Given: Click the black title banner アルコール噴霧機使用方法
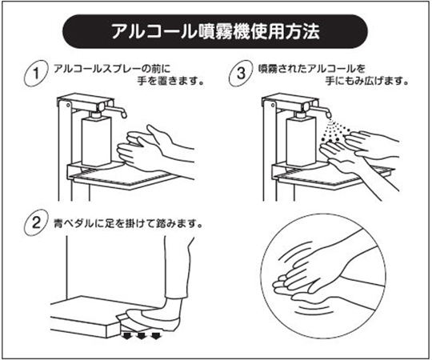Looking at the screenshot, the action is click(215, 31).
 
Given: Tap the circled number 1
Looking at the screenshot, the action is click(36, 74).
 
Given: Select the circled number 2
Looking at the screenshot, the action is click(36, 222).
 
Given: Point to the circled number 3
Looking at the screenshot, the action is click(241, 74).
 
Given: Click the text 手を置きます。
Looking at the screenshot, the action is click(171, 81).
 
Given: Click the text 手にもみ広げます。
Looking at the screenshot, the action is click(366, 81).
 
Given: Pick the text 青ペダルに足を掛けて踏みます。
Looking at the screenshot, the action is click(128, 223).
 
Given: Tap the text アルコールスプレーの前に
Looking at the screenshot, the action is click(112, 68).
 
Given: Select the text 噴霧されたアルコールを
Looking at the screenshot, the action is click(312, 68).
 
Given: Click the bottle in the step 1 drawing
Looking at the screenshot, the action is click(97, 140).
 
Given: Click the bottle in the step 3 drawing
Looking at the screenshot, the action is click(301, 140).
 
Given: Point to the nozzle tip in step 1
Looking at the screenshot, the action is click(124, 115).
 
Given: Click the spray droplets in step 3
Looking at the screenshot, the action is click(334, 131).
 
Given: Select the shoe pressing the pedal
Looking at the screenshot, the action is click(153, 319).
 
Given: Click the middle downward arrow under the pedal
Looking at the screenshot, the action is click(141, 336).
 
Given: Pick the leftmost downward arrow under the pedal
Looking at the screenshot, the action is click(126, 336).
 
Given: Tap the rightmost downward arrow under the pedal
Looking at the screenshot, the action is click(156, 336).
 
